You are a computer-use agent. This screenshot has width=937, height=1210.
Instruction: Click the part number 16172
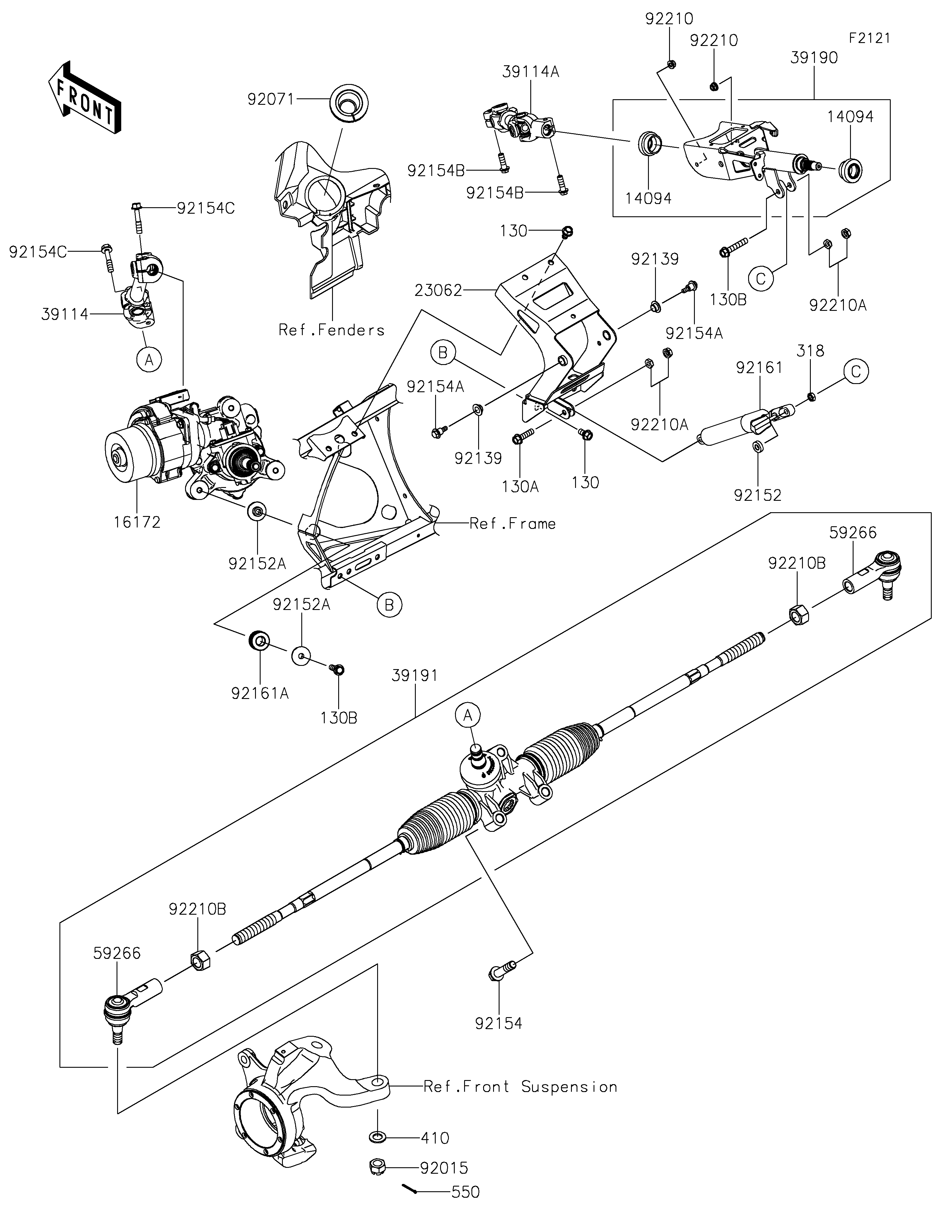click(x=137, y=522)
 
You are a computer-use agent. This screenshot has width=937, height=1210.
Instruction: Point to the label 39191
click(x=414, y=675)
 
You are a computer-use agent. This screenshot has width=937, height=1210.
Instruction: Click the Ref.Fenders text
click(x=331, y=330)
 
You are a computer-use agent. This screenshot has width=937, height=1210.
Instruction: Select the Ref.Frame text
click(x=512, y=524)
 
